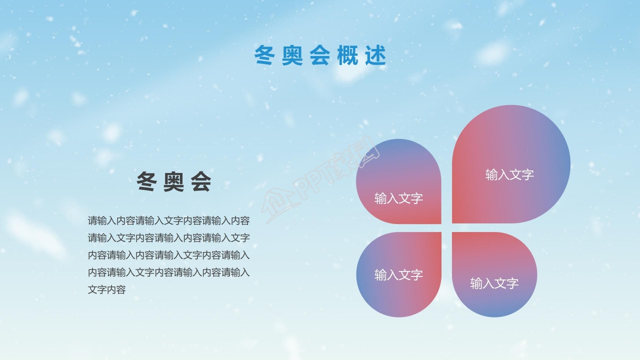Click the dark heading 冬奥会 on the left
(x=174, y=182)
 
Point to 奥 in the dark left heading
(x=174, y=182)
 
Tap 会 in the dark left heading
(x=201, y=182)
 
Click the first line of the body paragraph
(x=168, y=220)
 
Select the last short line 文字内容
(x=106, y=289)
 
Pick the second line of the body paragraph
(x=168, y=237)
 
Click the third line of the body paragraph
(x=168, y=255)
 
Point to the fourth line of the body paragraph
(x=168, y=272)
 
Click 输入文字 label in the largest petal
(x=509, y=174)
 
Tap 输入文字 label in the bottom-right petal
(x=494, y=283)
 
